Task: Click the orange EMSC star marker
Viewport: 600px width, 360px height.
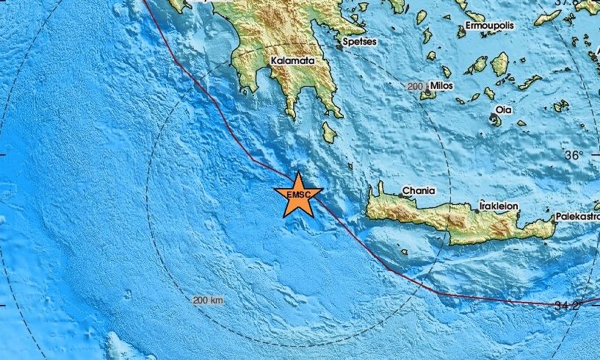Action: click(x=297, y=194)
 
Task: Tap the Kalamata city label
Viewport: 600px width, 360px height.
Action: click(x=292, y=62)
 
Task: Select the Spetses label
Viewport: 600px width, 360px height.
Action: click(x=361, y=42)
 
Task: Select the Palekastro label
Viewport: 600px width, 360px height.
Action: click(x=576, y=217)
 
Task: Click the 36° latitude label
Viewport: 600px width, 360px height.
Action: click(x=574, y=155)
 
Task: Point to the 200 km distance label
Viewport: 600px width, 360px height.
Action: click(x=208, y=300)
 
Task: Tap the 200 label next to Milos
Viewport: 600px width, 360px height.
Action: click(x=416, y=87)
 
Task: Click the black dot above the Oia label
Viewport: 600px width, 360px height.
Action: click(x=501, y=101)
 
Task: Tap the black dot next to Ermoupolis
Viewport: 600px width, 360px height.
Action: click(x=463, y=28)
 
